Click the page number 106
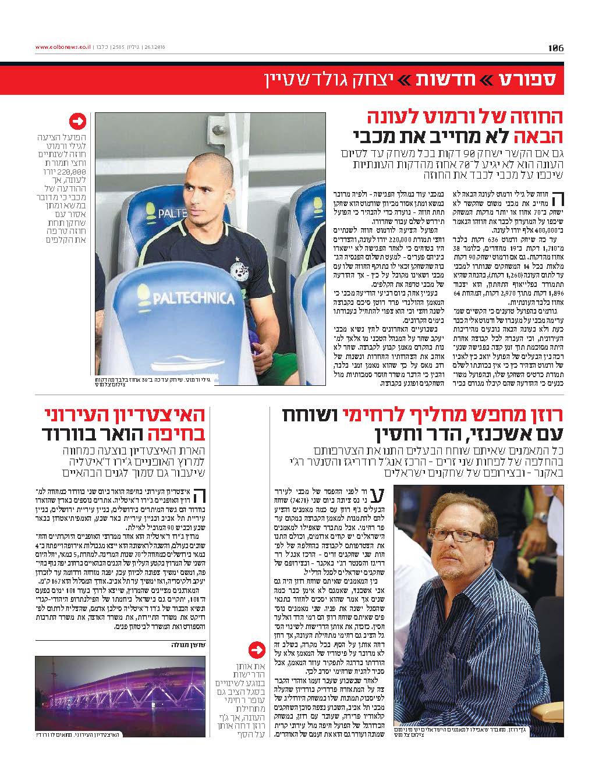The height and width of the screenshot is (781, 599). click(556, 48)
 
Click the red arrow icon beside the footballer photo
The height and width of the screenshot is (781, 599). click(77, 122)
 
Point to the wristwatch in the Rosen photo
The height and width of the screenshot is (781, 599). click(543, 517)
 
